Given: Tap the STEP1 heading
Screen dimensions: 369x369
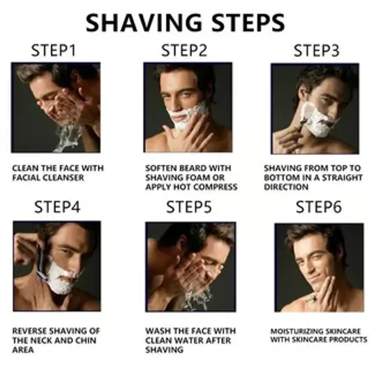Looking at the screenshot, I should tap(54, 51).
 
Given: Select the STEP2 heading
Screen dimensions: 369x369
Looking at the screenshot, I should tap(184, 51).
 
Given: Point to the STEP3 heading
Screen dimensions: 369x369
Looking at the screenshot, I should tap(316, 51).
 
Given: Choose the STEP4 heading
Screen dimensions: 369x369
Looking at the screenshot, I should tap(57, 207).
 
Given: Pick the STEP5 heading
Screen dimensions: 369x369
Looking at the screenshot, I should tap(189, 207).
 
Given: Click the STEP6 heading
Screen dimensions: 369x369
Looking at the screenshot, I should tap(319, 207).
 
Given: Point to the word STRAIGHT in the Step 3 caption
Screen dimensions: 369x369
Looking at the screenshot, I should tap(342, 178).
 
